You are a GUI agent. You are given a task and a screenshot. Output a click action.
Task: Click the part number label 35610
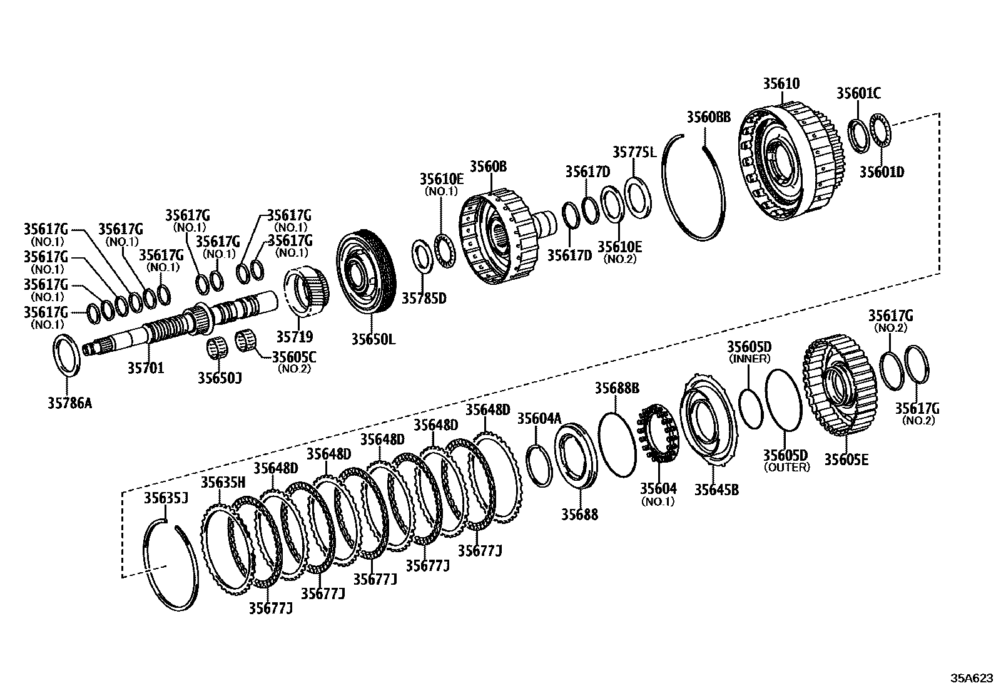[781, 84]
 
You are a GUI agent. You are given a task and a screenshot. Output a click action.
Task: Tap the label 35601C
[858, 93]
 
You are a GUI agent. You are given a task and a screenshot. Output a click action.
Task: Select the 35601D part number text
[882, 172]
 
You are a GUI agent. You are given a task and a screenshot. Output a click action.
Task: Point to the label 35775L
[634, 152]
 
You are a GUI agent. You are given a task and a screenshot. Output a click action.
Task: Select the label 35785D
[424, 298]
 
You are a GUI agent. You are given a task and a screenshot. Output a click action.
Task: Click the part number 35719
[295, 336]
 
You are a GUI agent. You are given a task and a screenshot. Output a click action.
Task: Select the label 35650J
[220, 377]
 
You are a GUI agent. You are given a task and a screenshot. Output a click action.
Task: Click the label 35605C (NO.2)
[293, 362]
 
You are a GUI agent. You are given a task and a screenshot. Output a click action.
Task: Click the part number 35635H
[223, 482]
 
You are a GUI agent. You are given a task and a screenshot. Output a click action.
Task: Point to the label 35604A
[539, 419]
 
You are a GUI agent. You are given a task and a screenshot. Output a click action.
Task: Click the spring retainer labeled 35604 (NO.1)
[657, 433]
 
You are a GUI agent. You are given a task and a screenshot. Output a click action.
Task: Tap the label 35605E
[846, 460]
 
